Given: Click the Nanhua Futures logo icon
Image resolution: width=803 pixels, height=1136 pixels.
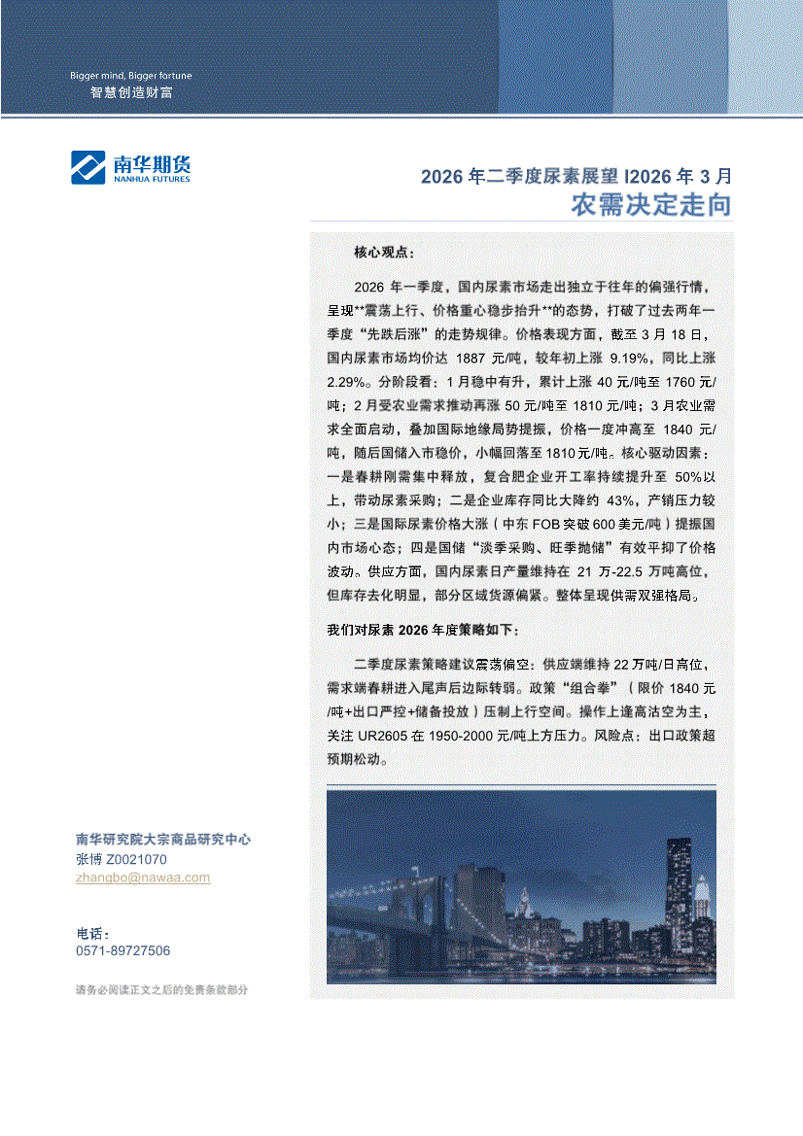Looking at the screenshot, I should pyautogui.click(x=87, y=166).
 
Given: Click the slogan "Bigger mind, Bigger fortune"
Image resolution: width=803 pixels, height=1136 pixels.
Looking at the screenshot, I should pyautogui.click(x=130, y=76).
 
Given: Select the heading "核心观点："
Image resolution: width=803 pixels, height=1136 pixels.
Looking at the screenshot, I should pyautogui.click(x=384, y=253).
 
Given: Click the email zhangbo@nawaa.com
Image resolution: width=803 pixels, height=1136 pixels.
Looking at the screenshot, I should pyautogui.click(x=142, y=878).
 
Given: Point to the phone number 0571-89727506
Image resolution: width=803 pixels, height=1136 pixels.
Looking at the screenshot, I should pyautogui.click(x=122, y=951).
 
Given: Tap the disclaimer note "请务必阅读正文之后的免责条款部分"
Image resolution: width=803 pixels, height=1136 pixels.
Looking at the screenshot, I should pyautogui.click(x=161, y=990).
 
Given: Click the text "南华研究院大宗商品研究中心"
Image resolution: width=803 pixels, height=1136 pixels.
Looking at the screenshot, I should pyautogui.click(x=163, y=840).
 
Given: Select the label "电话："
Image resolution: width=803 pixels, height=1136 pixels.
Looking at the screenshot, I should pyautogui.click(x=93, y=933).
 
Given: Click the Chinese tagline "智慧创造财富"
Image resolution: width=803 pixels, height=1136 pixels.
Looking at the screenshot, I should pyautogui.click(x=131, y=93).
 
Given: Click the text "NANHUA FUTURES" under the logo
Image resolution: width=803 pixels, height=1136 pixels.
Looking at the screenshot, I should pyautogui.click(x=152, y=179).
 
